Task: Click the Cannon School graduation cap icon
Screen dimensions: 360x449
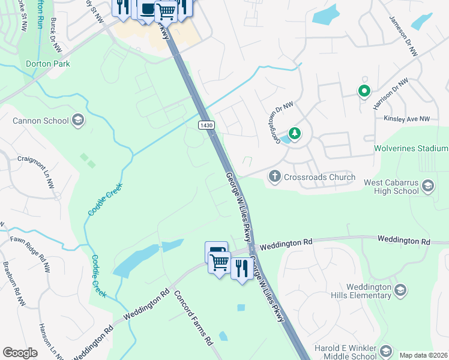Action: click(x=77, y=120)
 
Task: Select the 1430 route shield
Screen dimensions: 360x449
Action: click(x=206, y=124)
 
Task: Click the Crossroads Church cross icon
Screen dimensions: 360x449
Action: click(x=274, y=176)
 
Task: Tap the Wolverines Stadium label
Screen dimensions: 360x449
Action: click(x=411, y=148)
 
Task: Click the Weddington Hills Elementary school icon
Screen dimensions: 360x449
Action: click(x=400, y=290)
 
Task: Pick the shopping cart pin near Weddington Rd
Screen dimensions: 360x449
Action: click(x=220, y=262)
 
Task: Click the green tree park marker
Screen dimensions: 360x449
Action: click(x=294, y=133)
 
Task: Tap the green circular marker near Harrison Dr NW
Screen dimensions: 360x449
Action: click(x=364, y=91)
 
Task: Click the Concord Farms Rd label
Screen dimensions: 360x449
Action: click(x=194, y=317)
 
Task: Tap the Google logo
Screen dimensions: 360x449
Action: click(x=20, y=353)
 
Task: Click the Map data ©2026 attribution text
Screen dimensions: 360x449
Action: click(x=424, y=355)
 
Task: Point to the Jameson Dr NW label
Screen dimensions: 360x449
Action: click(x=403, y=37)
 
